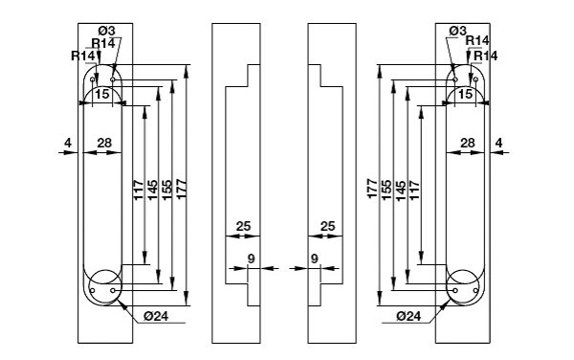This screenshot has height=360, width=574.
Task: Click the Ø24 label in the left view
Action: click(156, 316)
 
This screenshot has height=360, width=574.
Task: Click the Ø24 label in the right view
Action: click(408, 316)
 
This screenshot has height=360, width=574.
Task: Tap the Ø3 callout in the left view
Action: click(106, 31)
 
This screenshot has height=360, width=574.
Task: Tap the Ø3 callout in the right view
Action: click(458, 32)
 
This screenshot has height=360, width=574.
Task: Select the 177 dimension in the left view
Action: click(182, 189)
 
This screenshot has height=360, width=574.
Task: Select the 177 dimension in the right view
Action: click(372, 189)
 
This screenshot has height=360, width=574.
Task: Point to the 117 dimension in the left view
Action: click(138, 190)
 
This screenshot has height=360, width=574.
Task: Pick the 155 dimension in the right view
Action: click(386, 190)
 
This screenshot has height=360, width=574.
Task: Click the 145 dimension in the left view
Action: click(153, 190)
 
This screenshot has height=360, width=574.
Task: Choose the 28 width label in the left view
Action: click(104, 143)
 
